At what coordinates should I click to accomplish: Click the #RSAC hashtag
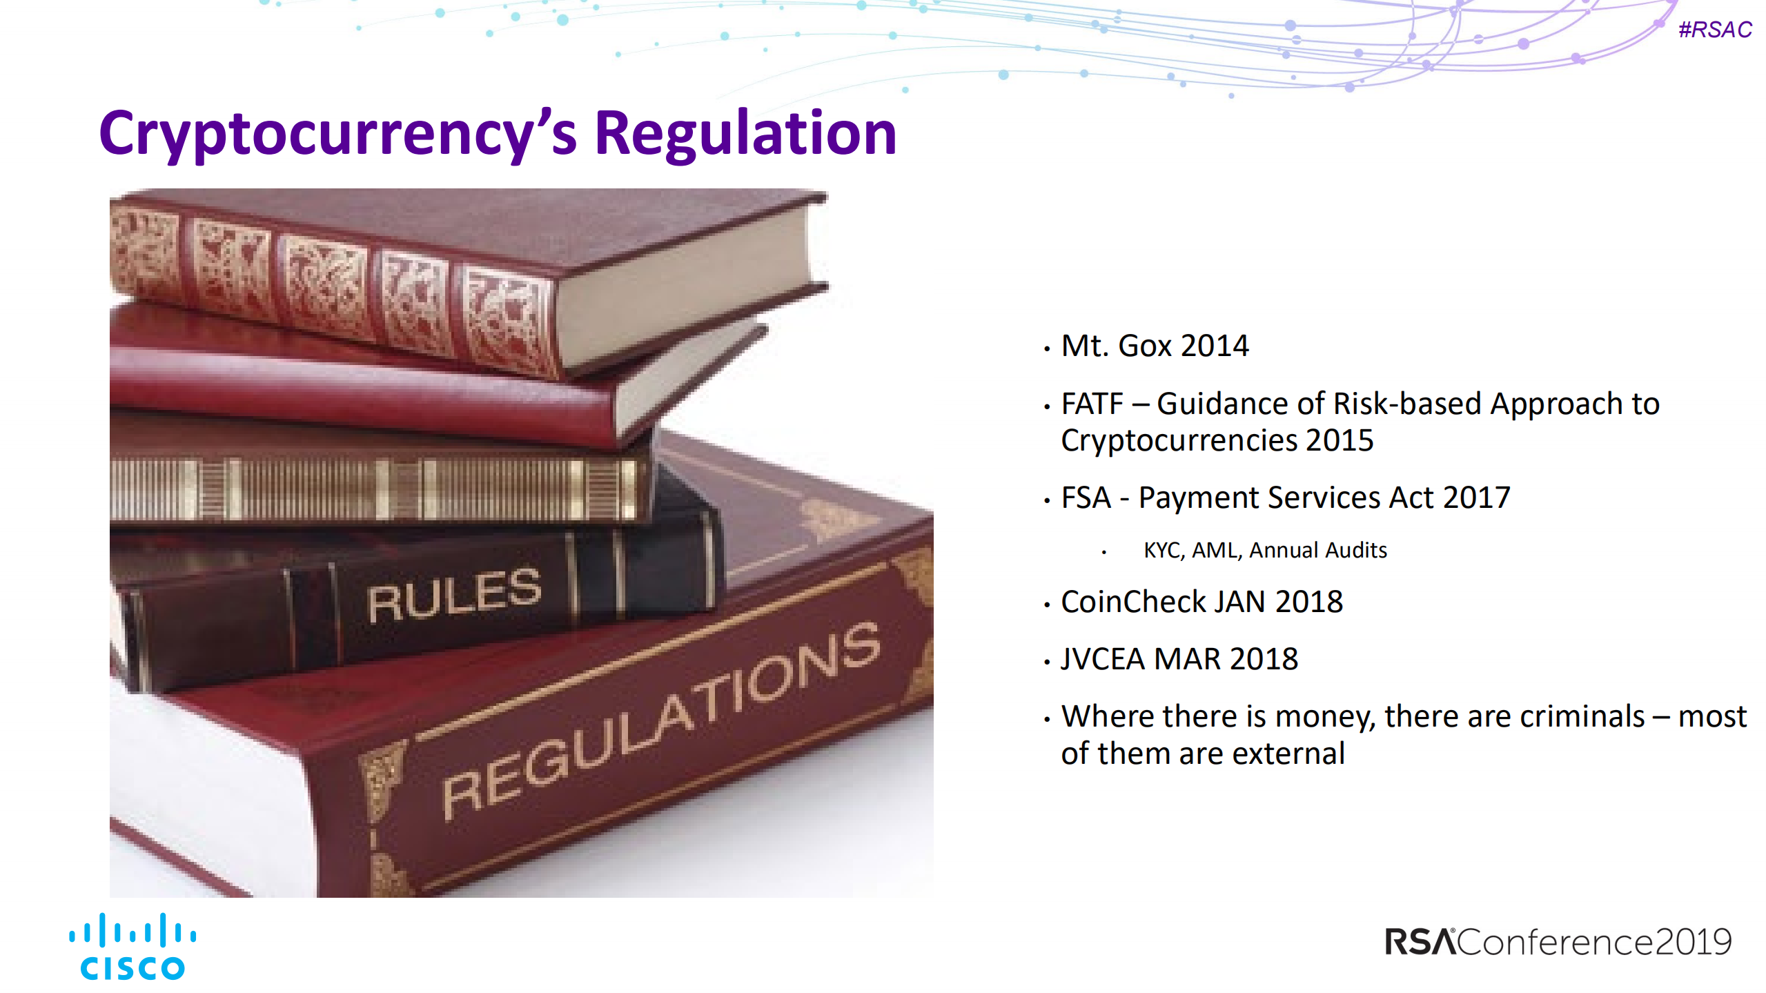(1715, 30)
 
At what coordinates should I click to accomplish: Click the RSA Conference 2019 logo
(1558, 942)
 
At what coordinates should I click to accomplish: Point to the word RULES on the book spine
(454, 596)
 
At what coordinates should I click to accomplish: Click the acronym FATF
(1092, 404)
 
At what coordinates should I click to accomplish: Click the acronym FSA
(1086, 498)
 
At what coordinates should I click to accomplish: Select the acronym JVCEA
(1103, 659)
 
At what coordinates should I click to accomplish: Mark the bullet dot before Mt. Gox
(1047, 349)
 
